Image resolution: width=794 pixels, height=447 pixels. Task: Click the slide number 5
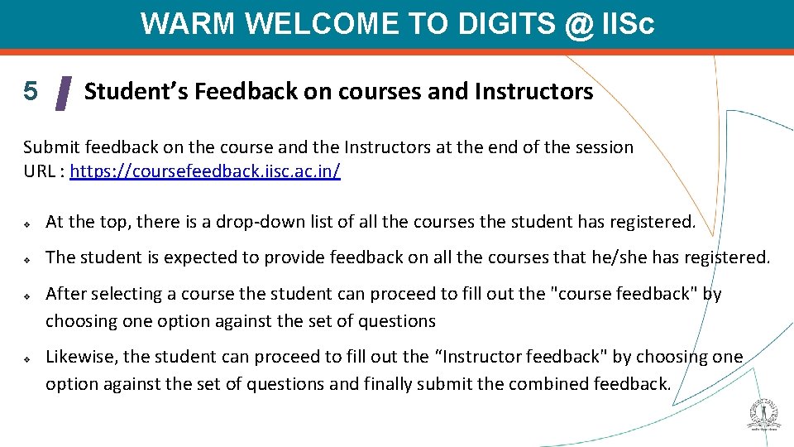coord(31,90)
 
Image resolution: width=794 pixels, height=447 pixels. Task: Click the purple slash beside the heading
coord(63,93)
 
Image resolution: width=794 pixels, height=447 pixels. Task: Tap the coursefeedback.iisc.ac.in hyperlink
coord(205,171)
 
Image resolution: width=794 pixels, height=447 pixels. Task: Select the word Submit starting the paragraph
coord(50,147)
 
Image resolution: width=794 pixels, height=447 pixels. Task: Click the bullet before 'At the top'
coord(27,223)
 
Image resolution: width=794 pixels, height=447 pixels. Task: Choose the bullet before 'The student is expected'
coord(27,258)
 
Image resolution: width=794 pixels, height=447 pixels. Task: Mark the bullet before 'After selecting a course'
coord(27,296)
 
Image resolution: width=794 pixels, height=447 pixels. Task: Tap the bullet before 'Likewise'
coord(27,358)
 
